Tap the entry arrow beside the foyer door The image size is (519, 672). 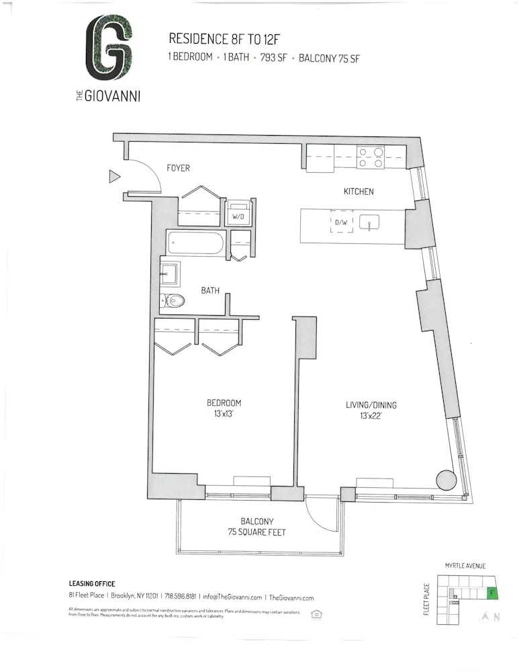click(x=114, y=177)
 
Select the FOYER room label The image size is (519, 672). click(x=178, y=168)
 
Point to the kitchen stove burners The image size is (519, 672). click(x=370, y=157)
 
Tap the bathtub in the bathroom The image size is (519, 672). click(x=195, y=243)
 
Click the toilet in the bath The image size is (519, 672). click(x=174, y=301)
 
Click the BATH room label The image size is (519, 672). click(x=210, y=291)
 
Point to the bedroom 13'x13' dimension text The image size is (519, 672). click(x=224, y=413)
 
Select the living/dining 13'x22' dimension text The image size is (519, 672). click(x=371, y=415)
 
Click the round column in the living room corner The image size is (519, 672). click(x=446, y=480)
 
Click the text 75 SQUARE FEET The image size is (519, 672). click(x=248, y=532)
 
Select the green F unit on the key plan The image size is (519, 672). click(x=492, y=593)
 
